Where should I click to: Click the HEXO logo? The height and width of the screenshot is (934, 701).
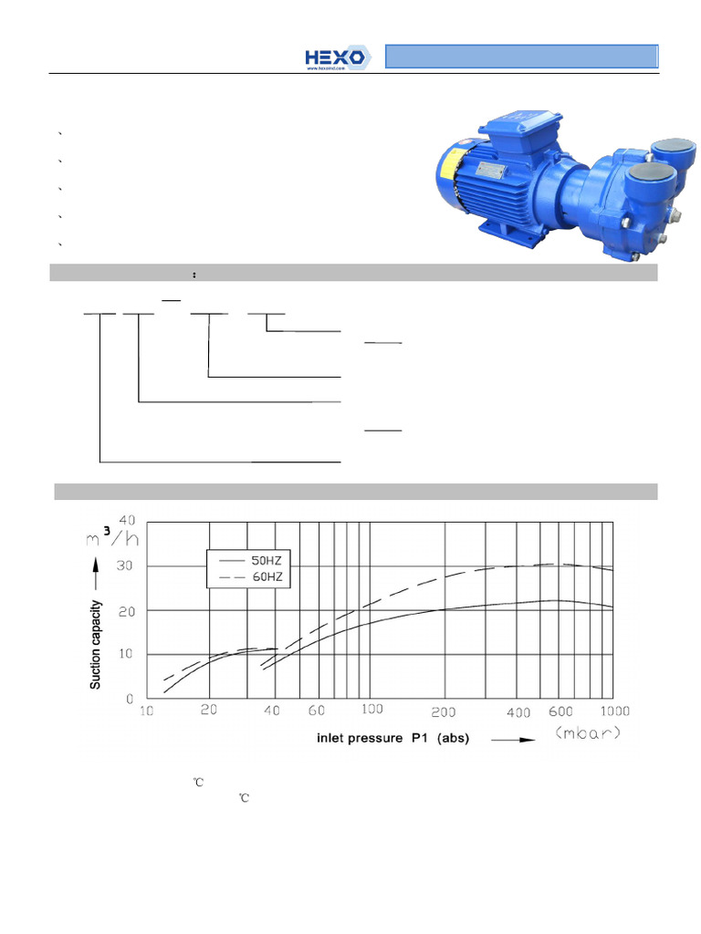click(x=337, y=57)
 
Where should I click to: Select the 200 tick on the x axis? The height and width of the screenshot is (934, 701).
click(x=444, y=711)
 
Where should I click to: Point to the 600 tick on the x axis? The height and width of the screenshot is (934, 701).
click(x=560, y=711)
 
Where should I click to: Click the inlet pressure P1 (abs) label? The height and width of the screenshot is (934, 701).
click(x=392, y=738)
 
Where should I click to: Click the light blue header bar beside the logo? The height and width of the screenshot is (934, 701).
click(x=521, y=57)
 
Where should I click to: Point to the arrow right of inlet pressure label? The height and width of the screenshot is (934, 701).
click(x=512, y=740)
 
